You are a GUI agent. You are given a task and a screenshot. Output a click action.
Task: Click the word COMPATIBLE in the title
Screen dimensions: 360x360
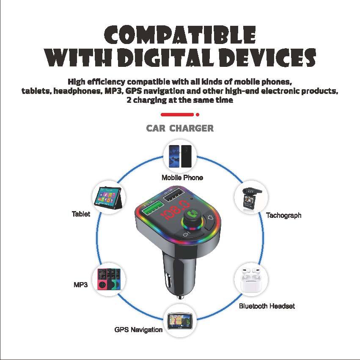[180, 35]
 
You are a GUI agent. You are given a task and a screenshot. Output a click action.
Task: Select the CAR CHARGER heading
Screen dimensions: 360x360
[180, 128]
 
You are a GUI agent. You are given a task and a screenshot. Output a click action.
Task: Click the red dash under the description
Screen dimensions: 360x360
[177, 114]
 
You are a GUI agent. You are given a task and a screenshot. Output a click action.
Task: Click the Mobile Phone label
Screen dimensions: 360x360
[182, 178]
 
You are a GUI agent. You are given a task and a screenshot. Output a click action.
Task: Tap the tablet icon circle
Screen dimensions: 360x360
[108, 198]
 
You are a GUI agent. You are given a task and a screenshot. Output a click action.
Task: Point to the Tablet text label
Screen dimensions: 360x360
[81, 214]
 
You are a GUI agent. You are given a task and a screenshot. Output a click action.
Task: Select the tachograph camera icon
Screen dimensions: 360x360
[251, 198]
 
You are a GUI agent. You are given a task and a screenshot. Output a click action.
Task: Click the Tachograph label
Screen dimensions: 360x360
[283, 215]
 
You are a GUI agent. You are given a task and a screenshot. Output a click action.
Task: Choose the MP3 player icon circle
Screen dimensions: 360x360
[108, 279]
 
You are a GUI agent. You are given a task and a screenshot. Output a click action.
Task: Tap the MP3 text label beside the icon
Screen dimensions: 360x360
[80, 285]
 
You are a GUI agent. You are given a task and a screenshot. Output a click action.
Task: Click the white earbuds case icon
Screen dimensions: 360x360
[251, 279]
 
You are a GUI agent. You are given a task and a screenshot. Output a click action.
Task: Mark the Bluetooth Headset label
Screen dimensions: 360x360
[267, 306]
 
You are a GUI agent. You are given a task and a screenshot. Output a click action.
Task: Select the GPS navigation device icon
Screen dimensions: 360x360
[180, 320]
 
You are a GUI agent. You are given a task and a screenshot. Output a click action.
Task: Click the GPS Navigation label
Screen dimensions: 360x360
[138, 330]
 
